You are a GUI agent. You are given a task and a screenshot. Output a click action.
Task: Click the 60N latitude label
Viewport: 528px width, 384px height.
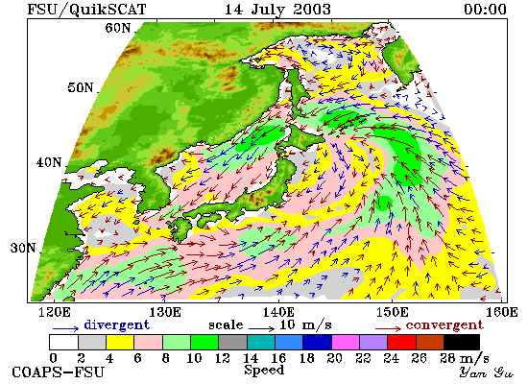point(118,27)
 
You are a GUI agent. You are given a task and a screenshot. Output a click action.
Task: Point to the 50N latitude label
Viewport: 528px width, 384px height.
point(80,87)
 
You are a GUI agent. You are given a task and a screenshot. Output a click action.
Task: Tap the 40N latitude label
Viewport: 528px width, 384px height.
point(49,162)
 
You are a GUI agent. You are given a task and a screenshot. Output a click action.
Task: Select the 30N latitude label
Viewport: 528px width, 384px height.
point(23,249)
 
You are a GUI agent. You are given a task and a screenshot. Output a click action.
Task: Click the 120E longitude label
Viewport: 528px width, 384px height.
point(55,312)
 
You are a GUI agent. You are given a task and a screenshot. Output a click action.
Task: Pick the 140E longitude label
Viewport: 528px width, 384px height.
point(278,312)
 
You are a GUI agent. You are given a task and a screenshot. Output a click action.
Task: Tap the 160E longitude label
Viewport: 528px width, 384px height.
point(502,312)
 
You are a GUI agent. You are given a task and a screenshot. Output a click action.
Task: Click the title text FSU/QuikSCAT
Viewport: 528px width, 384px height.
point(86,10)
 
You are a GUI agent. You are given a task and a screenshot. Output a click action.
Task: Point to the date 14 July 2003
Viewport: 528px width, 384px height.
point(277,10)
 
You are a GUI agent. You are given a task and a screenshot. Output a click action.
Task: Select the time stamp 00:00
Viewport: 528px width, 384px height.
point(485,9)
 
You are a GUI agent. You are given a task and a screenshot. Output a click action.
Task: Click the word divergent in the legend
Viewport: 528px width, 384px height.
point(116,324)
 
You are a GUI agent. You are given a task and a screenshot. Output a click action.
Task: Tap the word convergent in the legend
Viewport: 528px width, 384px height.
point(444,325)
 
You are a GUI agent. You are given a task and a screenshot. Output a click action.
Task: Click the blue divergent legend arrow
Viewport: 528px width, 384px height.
point(65,328)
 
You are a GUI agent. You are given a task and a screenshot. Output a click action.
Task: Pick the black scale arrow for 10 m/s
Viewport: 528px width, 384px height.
point(262,327)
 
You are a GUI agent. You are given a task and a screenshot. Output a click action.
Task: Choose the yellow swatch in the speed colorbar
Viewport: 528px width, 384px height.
point(120,342)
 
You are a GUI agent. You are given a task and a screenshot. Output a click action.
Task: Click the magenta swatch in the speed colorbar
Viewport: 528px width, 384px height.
point(346,342)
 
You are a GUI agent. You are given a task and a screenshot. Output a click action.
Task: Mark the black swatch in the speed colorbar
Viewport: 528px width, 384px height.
point(462,342)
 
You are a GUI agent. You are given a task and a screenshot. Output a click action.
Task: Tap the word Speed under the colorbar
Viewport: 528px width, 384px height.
point(264,371)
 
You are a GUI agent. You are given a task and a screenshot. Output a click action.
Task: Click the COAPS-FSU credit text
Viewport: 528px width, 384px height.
point(59,372)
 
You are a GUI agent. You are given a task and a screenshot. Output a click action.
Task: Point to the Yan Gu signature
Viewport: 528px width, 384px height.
point(486,372)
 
